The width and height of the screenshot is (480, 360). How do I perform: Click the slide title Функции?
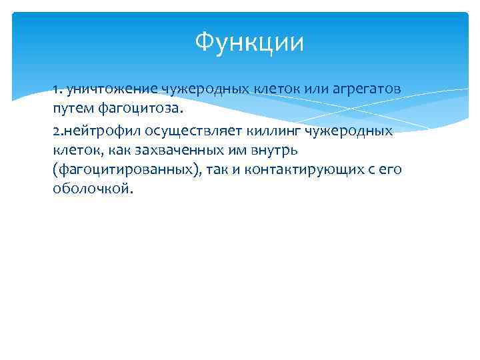pos(249,43)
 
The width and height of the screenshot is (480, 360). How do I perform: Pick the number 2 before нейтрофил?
pos(56,131)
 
